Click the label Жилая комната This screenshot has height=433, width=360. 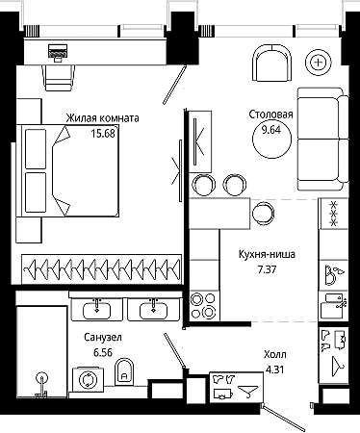pyautogui.click(x=102, y=118)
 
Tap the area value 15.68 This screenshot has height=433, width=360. pyautogui.click(x=102, y=133)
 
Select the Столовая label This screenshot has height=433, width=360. pyautogui.click(x=271, y=115)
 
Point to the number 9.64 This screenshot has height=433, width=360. pyautogui.click(x=271, y=130)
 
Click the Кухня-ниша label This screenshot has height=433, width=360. pyautogui.click(x=267, y=254)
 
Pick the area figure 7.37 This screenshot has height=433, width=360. pyautogui.click(x=267, y=269)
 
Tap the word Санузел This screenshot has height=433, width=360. pyautogui.click(x=103, y=338)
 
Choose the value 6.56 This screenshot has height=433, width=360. pyautogui.click(x=103, y=352)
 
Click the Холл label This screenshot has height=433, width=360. pyautogui.click(x=275, y=355)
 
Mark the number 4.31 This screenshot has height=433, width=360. pyautogui.click(x=275, y=369)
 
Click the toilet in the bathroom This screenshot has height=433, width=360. pyautogui.click(x=124, y=371)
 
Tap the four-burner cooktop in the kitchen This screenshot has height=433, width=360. pyautogui.click(x=204, y=306)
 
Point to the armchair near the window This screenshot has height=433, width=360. pyautogui.click(x=272, y=63)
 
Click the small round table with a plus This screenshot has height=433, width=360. pyautogui.click(x=319, y=63)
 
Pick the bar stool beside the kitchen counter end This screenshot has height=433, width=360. pyautogui.click(x=263, y=213)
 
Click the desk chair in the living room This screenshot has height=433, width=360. pyautogui.click(x=59, y=78)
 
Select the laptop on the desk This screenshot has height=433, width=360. pyautogui.click(x=58, y=52)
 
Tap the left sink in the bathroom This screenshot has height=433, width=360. pyautogui.click(x=96, y=310)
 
